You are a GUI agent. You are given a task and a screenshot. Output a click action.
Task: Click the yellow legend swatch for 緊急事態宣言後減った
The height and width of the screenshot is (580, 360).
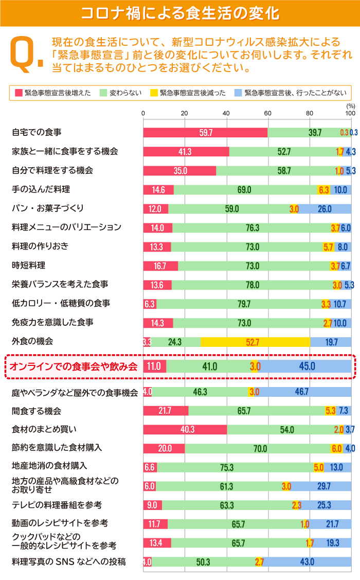pos(153,93)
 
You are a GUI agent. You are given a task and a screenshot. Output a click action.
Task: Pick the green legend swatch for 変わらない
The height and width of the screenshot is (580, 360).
pos(103,93)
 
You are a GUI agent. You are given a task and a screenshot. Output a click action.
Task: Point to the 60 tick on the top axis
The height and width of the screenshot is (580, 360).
pos(267,113)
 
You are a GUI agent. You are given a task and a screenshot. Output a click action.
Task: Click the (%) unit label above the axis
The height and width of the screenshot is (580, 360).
pos(351,106)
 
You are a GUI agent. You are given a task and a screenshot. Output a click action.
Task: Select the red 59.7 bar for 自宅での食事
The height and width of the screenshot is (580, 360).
pos(205,133)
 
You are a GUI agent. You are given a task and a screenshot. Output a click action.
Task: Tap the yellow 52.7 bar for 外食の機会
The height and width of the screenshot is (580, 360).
pos(255,342)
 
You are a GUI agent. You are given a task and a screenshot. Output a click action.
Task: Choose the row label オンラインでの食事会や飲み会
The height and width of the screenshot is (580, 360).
pos(74,366)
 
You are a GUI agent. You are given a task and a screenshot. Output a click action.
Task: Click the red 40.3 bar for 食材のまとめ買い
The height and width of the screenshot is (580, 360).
pos(185,429)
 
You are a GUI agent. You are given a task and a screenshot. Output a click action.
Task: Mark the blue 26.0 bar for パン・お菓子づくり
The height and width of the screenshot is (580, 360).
pos(324,209)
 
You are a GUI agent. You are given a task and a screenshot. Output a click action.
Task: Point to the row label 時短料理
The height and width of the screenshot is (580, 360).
pos(29,266)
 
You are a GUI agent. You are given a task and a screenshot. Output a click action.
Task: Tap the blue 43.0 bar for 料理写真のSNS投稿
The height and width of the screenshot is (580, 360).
pos(307,562)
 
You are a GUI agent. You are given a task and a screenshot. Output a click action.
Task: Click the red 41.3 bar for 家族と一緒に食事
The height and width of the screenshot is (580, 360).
pos(186,152)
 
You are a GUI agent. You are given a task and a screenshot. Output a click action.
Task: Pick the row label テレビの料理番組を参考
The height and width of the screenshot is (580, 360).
pos(57,505)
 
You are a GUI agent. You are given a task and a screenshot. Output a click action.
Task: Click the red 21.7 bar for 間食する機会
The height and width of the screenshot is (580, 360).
pos(166,411)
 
